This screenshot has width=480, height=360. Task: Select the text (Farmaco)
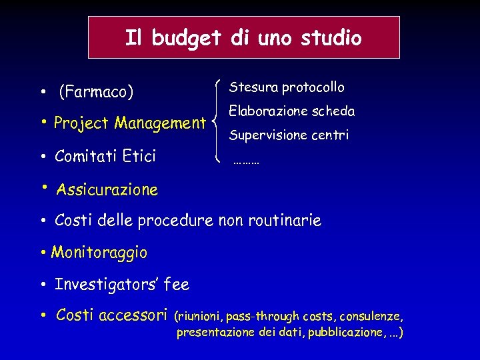click(x=96, y=91)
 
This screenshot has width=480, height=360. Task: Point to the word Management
click(x=160, y=123)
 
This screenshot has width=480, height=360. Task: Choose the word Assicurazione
click(x=107, y=190)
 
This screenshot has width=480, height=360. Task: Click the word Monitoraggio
click(x=99, y=253)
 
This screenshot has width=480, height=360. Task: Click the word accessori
click(x=134, y=315)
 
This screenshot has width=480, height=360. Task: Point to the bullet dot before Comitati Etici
click(x=42, y=157)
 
